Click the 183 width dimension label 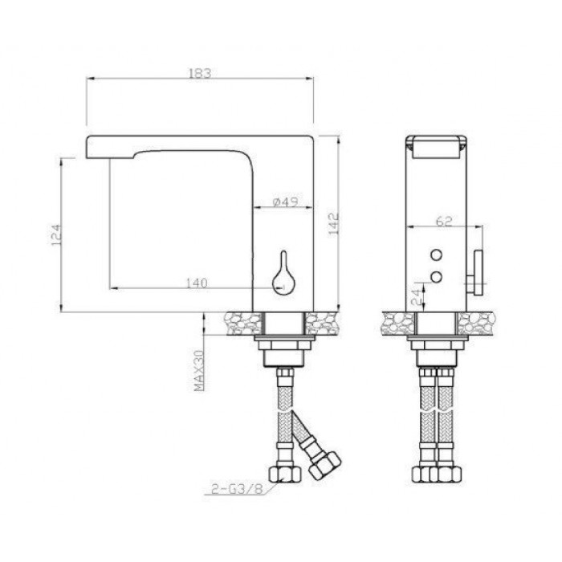pos(200,73)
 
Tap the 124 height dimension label pos(57,235)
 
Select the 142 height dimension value pos(333,224)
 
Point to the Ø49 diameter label pos(285,202)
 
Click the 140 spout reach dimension pos(197,283)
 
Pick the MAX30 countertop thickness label pos(199,370)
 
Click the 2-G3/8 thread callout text pos(238,489)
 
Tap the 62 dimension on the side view pos(444,221)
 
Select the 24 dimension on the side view pos(417,297)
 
